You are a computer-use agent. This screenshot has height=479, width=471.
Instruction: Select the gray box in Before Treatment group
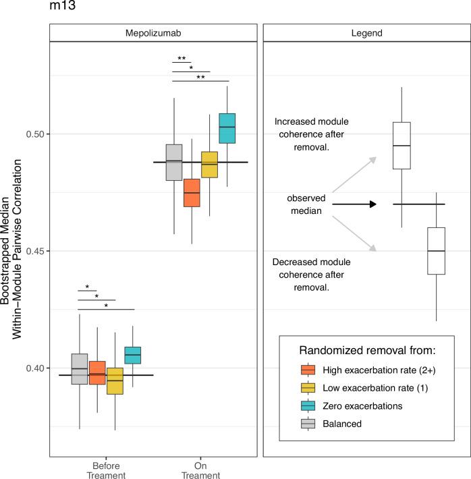(x=80, y=369)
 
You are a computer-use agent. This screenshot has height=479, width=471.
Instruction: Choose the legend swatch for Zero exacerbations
(x=308, y=407)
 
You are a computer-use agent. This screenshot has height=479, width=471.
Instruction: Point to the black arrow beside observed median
(x=354, y=204)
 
